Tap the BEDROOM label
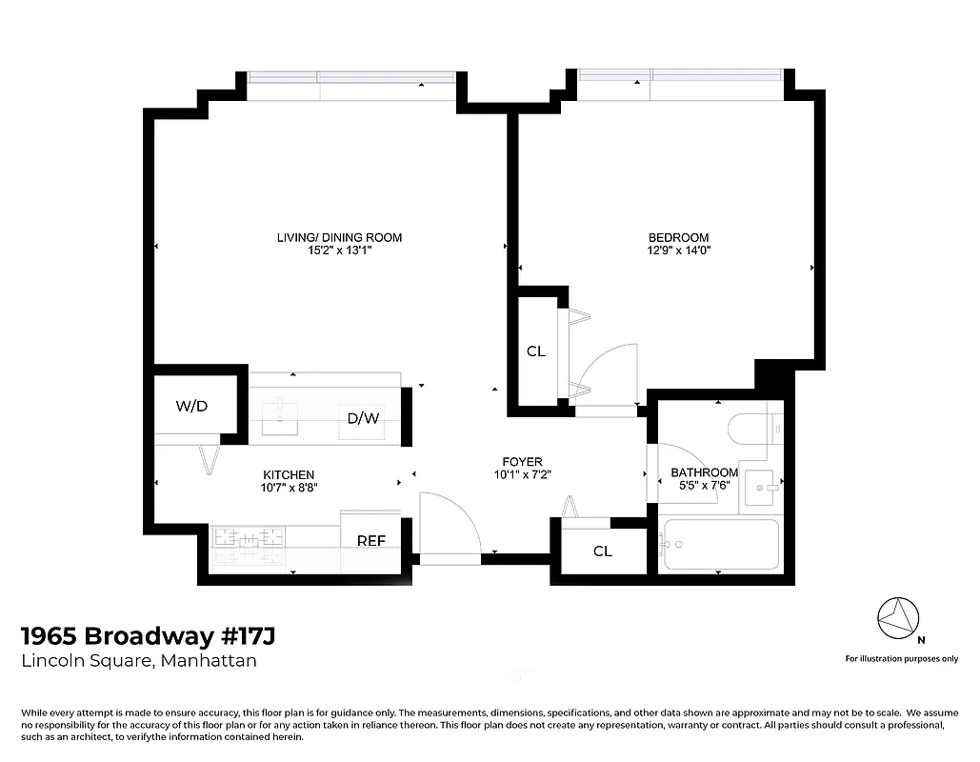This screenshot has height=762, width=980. [x=678, y=237]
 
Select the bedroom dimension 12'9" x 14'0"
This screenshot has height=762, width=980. [x=678, y=251]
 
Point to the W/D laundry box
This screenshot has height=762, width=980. [x=191, y=407]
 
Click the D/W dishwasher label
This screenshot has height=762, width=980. [x=362, y=417]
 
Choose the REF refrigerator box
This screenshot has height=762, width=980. [x=370, y=541]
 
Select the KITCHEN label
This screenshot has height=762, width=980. [x=289, y=474]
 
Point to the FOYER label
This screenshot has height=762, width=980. [x=523, y=462]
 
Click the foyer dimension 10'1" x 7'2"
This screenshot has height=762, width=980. [x=523, y=474]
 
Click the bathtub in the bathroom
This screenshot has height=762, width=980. [x=721, y=545]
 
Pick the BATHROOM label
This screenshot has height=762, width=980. [x=704, y=472]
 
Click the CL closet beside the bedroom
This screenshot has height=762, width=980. [x=536, y=351]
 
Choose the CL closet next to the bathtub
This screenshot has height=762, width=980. [x=602, y=551]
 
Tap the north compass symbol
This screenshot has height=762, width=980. [x=896, y=619]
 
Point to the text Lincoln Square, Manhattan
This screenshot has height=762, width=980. [x=139, y=661]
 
